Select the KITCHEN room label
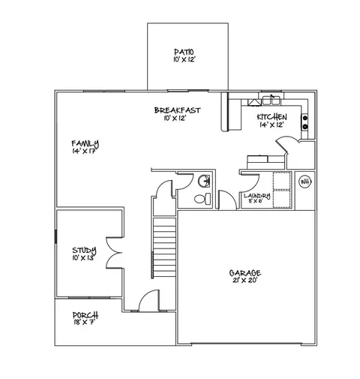tap(271, 117)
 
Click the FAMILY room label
tap(85, 143)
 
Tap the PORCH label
tap(84, 315)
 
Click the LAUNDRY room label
tap(256, 196)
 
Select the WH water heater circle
tap(305, 182)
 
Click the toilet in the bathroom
tap(199, 200)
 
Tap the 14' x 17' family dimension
tap(85, 152)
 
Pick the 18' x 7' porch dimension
tap(84, 323)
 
